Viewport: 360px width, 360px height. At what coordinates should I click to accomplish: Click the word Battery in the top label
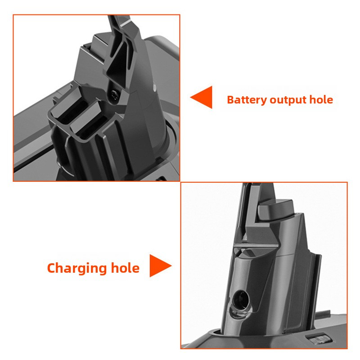(246, 99)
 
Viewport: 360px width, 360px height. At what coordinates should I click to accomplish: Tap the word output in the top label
(288, 99)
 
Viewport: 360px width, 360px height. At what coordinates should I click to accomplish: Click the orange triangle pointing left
(202, 98)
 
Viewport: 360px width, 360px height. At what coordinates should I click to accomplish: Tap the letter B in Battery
(230, 99)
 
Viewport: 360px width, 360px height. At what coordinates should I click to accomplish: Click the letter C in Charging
(53, 269)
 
